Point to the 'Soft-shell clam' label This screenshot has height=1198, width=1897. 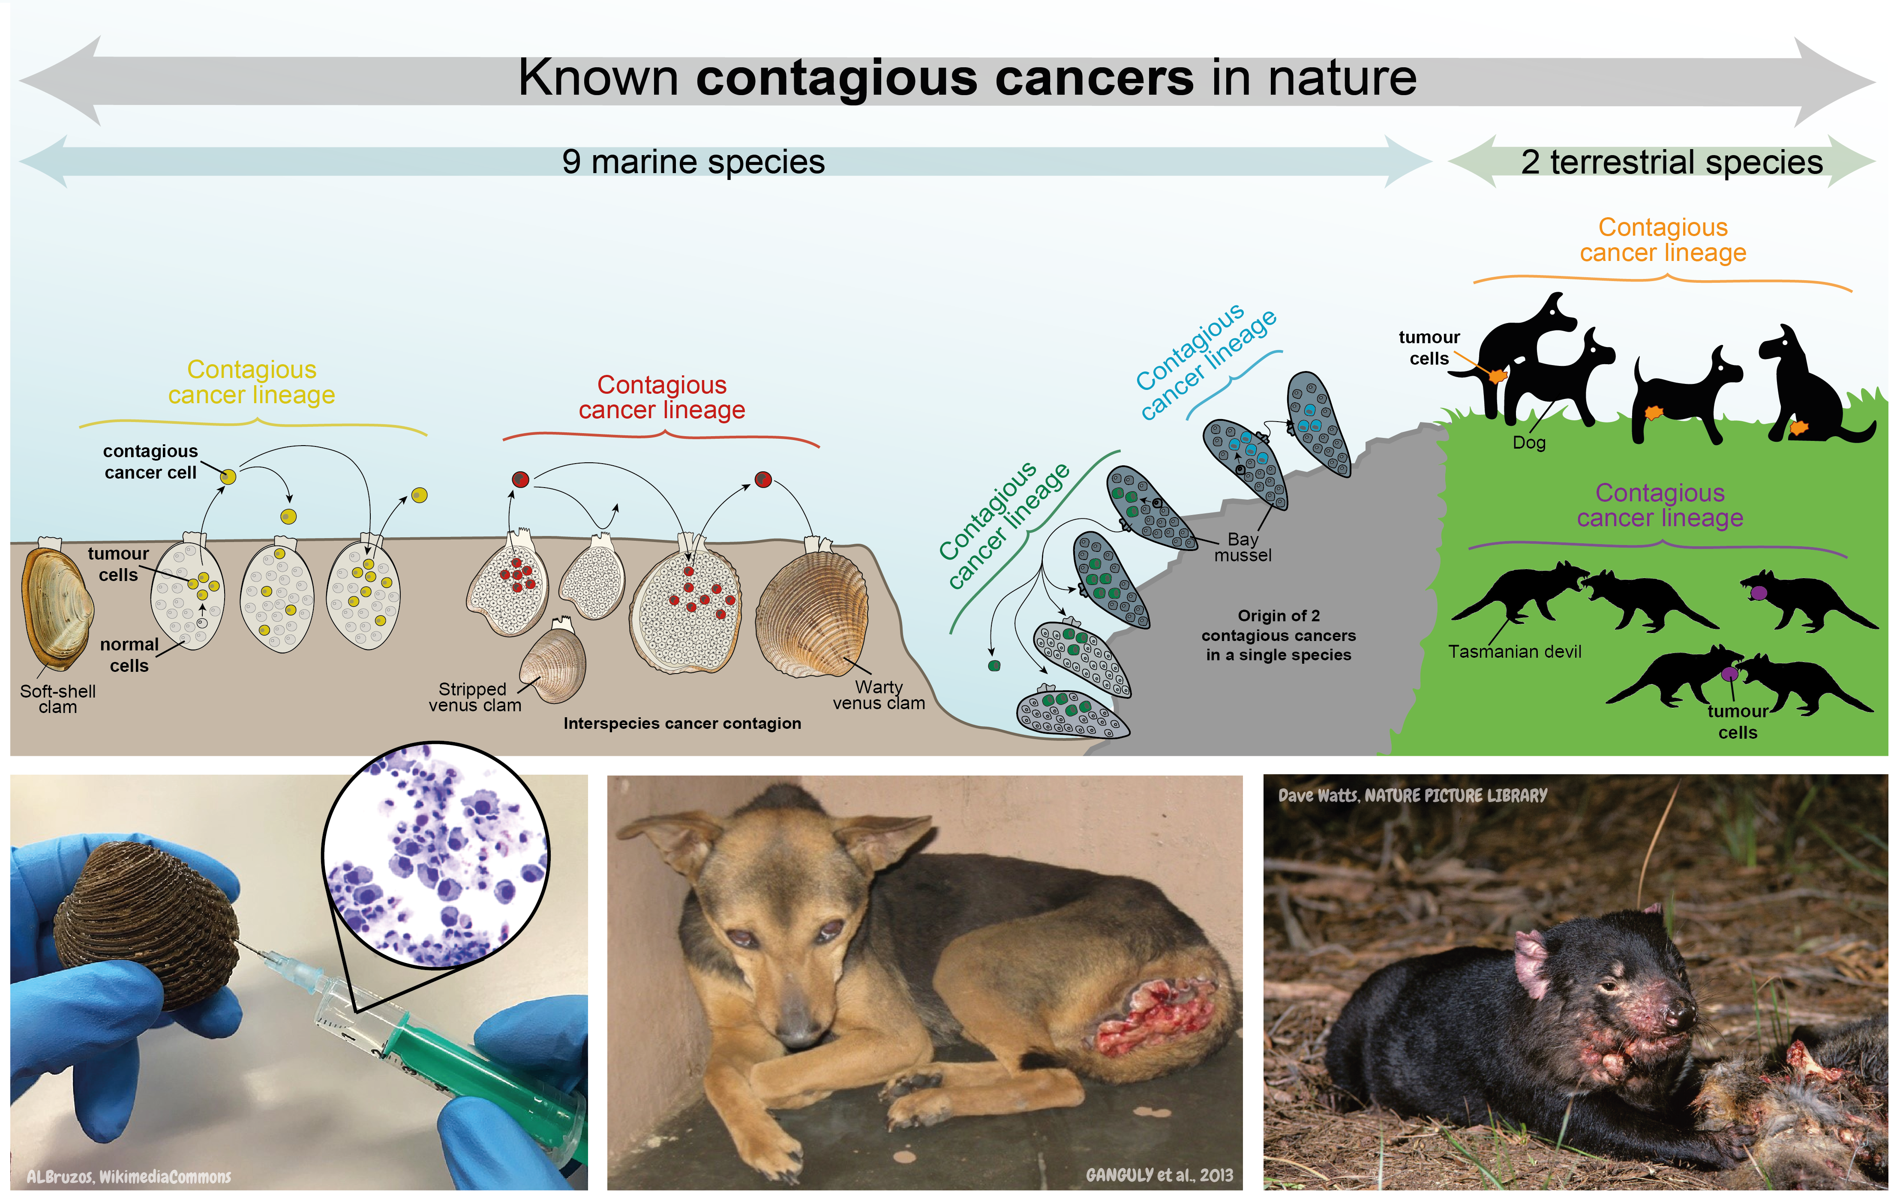(57, 699)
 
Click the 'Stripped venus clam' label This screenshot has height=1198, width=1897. (474, 697)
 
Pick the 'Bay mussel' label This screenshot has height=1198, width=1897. (1243, 547)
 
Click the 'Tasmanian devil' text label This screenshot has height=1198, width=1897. (1514, 651)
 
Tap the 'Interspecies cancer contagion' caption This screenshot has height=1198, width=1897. (682, 723)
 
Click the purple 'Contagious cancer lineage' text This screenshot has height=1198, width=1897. (1660, 505)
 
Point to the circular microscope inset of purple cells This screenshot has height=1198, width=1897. (435, 855)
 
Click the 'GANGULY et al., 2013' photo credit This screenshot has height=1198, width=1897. (1159, 1175)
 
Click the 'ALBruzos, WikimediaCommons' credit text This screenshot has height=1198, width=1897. (129, 1177)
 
